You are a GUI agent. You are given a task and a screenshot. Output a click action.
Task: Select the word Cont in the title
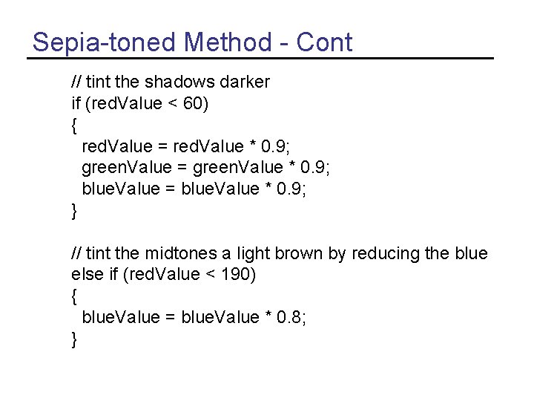(324, 42)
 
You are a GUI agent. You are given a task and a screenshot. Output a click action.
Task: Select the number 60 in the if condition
(194, 103)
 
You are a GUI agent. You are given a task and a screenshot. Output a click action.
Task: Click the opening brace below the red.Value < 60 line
(74, 125)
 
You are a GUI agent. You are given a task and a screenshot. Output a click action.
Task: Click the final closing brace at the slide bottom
(74, 339)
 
